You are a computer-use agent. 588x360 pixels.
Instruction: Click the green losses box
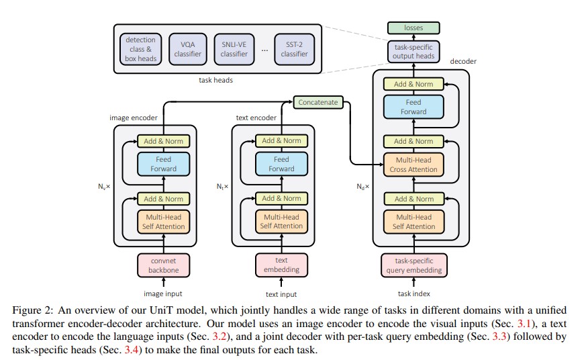coord(413,28)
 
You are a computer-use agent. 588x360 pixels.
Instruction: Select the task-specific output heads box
coord(413,52)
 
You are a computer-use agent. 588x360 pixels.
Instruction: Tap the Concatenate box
coord(317,102)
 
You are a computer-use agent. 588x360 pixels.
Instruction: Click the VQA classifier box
coord(187,49)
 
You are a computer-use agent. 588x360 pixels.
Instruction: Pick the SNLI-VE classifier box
coord(234,49)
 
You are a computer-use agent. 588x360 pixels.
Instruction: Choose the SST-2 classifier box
coord(294,49)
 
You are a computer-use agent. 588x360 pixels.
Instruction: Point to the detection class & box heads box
coord(141,49)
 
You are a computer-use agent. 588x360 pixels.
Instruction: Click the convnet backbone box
coord(164,265)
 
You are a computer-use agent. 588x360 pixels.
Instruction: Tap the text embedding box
coord(281,265)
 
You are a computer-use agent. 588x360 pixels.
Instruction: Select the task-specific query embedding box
coord(414,265)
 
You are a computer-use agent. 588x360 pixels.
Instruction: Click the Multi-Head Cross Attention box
coord(413,165)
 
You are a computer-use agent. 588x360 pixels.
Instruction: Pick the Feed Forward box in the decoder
coord(413,107)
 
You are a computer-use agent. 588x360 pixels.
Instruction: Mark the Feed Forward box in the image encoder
coord(164,164)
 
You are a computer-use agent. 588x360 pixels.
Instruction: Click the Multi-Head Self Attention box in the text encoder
coord(281,222)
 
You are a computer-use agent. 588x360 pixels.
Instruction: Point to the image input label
coord(162,294)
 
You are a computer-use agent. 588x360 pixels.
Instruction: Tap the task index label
coord(414,294)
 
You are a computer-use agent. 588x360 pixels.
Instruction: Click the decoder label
coord(463,61)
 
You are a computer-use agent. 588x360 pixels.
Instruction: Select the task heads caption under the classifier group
coord(215,80)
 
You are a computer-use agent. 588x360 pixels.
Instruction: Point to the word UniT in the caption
coord(161,310)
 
